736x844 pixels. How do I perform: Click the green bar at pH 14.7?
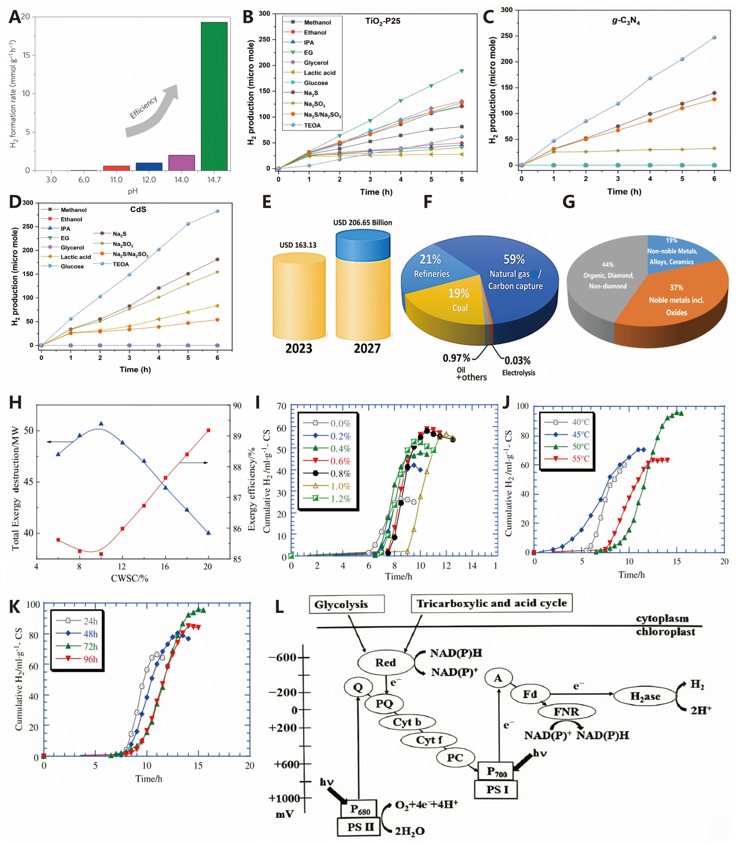(214, 96)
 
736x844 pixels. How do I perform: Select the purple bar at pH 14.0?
(182, 163)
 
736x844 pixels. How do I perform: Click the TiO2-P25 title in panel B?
(383, 21)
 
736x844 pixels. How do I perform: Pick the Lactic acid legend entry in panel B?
(319, 73)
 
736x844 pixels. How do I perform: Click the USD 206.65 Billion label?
(363, 222)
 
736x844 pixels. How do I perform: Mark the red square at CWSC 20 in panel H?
(208, 430)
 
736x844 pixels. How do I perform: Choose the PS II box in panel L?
(360, 827)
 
